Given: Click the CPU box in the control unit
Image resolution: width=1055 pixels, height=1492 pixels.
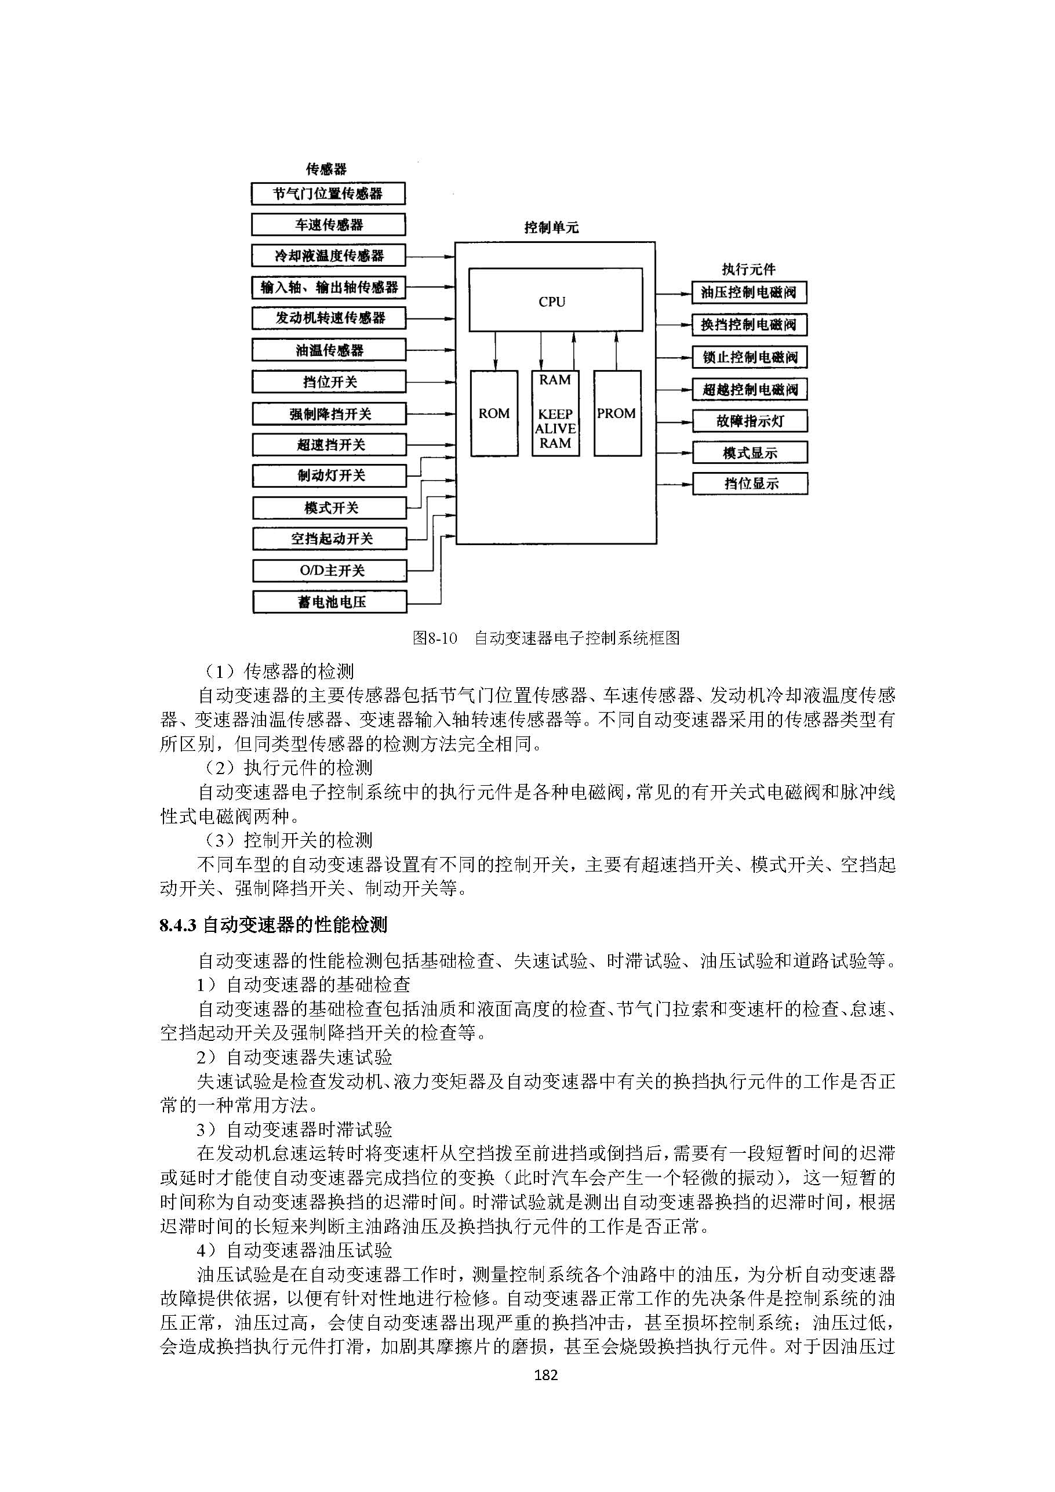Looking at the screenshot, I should coord(555,300).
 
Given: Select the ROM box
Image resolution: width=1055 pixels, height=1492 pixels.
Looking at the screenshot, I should coord(494,413).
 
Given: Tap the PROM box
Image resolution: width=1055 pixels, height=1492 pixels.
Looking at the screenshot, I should coord(617,413).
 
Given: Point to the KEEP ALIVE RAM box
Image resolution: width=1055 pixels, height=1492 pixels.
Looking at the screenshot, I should coord(555,413).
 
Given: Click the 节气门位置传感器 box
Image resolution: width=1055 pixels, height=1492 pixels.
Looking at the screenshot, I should coord(328,194).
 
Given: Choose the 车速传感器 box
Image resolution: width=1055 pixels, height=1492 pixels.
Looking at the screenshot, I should coord(328,225).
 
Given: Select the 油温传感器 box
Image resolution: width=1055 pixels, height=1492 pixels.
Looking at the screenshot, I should coord(329,350).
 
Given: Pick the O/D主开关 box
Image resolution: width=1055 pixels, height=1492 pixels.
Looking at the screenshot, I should coord(329,571).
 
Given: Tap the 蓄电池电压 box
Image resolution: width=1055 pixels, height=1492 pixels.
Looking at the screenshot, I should coord(329,602).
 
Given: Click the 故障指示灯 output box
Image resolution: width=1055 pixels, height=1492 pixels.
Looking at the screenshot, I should coord(750,421).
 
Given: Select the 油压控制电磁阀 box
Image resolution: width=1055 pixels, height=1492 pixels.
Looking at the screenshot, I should coord(748,292).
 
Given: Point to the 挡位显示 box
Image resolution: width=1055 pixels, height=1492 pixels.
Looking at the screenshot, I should coord(750,484).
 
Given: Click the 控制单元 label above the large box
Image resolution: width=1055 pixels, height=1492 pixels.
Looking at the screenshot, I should coord(551,227).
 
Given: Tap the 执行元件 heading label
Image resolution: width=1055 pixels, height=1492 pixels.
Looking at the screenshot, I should coord(748,268).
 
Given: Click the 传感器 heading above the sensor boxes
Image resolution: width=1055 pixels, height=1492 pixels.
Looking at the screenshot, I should coord(326,169).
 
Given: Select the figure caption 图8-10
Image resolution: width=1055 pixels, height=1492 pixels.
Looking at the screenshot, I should coord(435,638).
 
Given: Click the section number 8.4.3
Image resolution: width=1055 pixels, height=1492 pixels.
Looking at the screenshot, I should coord(177,925).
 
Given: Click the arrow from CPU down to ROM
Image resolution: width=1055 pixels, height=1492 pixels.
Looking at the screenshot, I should coord(496,351).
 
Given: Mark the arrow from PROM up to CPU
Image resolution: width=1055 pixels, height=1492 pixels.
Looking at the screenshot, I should coord(616,351).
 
